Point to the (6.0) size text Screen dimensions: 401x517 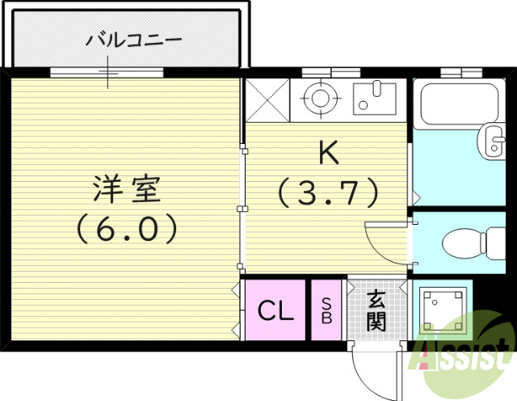128,231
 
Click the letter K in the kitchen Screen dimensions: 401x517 327,152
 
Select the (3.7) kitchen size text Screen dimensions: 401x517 328,192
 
